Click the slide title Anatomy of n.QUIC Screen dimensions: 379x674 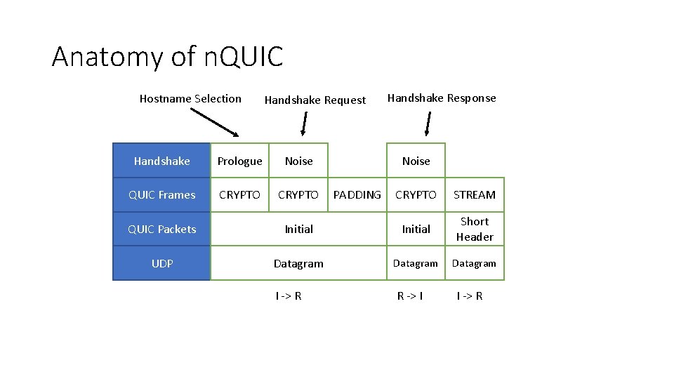[167, 56]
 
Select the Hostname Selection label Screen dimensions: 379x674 [190, 99]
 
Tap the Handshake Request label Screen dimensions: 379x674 [315, 100]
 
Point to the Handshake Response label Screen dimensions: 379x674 [442, 98]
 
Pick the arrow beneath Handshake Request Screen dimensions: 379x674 [303, 125]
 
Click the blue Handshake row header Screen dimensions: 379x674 [161, 161]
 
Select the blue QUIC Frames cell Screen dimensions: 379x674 [161, 195]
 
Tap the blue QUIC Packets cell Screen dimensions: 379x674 [161, 230]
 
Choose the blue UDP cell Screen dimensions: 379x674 [161, 264]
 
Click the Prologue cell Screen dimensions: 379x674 [239, 161]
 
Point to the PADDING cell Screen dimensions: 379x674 [357, 195]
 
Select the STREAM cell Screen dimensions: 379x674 [475, 195]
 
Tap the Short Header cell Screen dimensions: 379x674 [475, 230]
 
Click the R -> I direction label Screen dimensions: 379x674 [410, 296]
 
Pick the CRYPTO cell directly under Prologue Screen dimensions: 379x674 [239, 195]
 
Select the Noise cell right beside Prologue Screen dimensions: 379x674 [298, 161]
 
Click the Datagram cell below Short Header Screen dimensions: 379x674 [475, 264]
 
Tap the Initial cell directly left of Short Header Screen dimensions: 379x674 [416, 230]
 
